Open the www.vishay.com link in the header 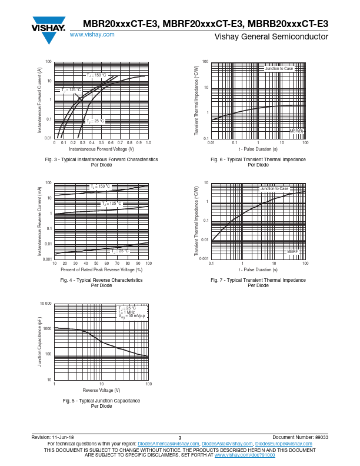tap(92, 35)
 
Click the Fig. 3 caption tap(102, 159)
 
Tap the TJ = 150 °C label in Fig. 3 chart tap(96, 75)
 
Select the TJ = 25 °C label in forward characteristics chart tap(95, 121)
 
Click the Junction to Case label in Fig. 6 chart tap(279, 69)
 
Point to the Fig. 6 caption tap(258, 159)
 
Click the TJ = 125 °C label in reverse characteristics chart tap(112, 204)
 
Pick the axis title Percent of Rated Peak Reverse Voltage tap(102, 269)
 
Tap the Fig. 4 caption tap(102, 280)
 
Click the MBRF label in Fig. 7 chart tap(292, 251)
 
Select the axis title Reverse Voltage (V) tap(101, 391)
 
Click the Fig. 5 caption tap(102, 401)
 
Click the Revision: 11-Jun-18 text tap(52, 438)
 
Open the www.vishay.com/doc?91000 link tap(244, 455)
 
